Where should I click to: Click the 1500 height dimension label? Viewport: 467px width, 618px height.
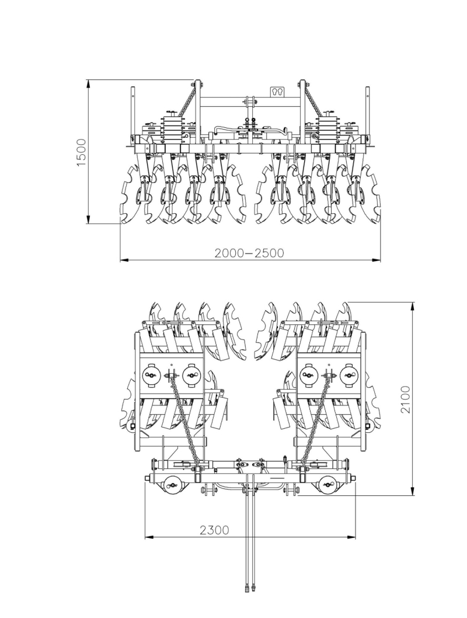coord(82,152)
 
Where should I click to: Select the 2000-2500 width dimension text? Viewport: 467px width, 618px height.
coord(249,253)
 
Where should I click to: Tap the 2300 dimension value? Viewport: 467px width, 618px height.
coord(214,530)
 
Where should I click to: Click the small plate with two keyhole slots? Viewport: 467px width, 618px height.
coord(277,92)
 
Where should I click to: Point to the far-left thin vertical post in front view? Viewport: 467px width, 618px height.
coord(133,111)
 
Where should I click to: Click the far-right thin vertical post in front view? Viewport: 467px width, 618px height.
coord(367,111)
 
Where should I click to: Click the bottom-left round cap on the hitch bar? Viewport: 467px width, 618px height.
coord(172,483)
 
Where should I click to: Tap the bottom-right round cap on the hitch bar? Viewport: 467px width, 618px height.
coord(328,483)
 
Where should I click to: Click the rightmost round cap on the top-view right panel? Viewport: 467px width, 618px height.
coord(348,375)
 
